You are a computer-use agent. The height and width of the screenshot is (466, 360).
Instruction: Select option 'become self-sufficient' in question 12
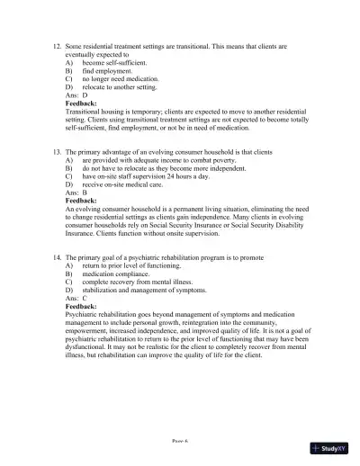coord(119,64)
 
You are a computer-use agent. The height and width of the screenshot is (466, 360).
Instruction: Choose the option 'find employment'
coord(112,73)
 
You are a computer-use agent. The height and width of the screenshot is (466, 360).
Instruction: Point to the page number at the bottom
coord(180,441)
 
